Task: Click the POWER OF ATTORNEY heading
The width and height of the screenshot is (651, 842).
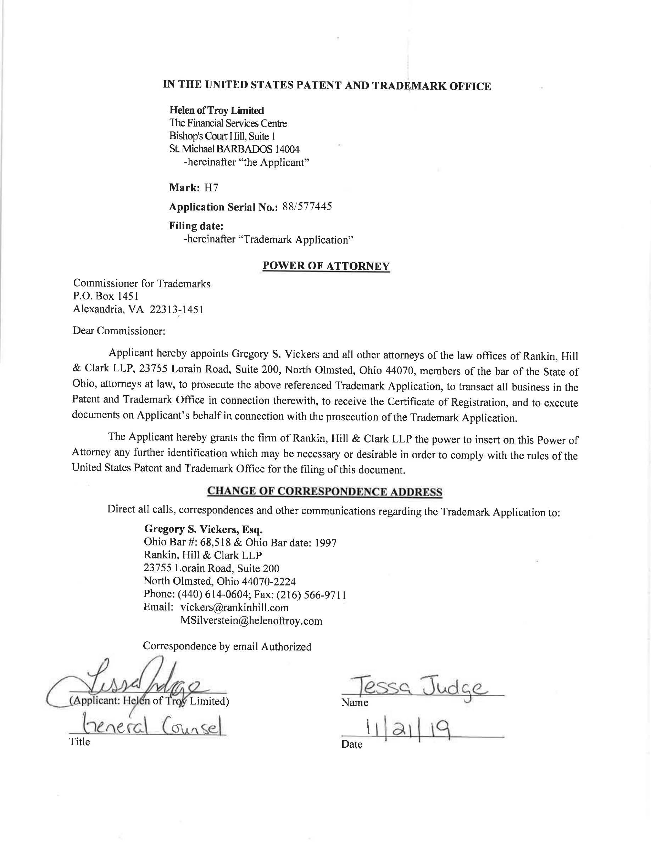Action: (x=326, y=266)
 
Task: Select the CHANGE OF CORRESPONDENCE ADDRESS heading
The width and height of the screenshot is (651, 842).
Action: (x=325, y=492)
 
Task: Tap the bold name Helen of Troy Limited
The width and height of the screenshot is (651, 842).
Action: (x=217, y=111)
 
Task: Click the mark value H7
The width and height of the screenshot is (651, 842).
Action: (x=211, y=188)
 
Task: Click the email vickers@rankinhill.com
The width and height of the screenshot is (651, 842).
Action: (x=234, y=608)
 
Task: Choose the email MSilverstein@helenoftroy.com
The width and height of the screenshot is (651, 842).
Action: (x=251, y=621)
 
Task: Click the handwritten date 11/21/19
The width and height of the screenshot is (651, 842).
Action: (x=410, y=729)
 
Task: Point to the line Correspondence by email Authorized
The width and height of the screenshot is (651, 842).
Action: (x=227, y=646)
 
